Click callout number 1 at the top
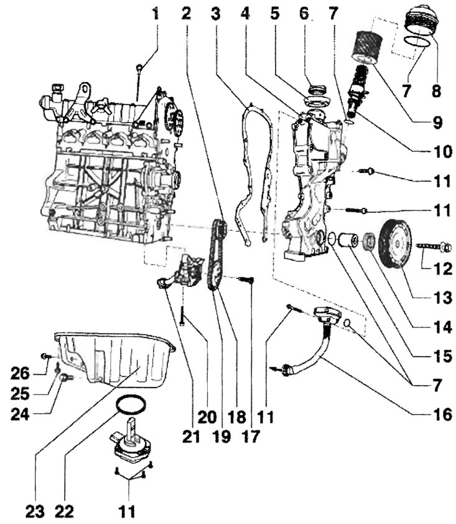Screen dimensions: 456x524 155,14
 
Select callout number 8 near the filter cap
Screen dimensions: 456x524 436,90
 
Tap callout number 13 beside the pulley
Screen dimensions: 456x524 443,297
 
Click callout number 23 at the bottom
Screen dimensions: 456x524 35,512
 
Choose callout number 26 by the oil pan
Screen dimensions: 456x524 20,373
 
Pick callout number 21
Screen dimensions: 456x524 191,436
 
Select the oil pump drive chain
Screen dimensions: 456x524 216,256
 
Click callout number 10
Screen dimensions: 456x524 443,152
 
